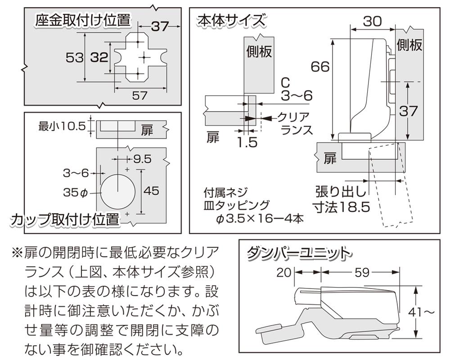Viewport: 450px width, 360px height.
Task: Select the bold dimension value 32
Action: [x=99, y=58]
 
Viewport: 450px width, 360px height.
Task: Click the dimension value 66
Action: [x=320, y=67]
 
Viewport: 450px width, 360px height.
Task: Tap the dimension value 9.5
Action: [x=142, y=159]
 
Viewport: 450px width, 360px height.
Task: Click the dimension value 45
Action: [x=151, y=191]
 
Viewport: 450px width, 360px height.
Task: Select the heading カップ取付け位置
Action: [x=65, y=220]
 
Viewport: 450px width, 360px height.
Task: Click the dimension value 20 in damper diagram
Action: [x=286, y=272]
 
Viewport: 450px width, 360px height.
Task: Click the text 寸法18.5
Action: [x=342, y=207]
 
